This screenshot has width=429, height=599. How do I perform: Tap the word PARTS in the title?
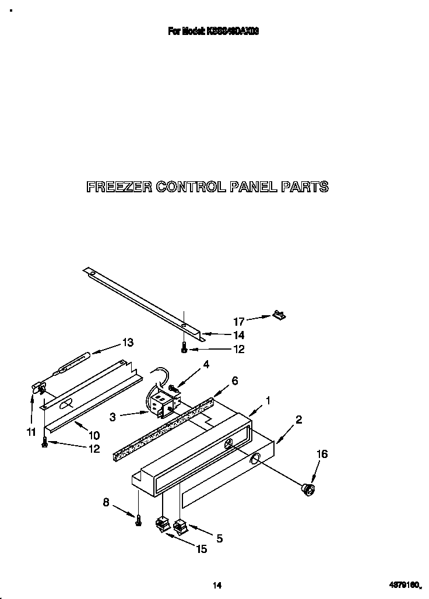tap(304, 187)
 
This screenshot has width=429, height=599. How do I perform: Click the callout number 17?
tap(239, 320)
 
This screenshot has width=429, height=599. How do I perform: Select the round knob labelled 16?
tap(308, 490)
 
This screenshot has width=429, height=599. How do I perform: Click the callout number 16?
tap(322, 454)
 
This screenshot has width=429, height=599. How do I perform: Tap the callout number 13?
tap(128, 343)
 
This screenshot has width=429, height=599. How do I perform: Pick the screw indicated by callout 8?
tap(139, 521)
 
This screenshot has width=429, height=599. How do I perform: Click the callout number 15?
tap(201, 549)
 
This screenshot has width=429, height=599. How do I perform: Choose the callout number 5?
tap(220, 538)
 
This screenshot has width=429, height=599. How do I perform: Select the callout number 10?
tap(94, 435)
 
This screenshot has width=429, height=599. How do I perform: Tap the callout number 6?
tap(234, 380)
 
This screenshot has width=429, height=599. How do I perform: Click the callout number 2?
tap(298, 419)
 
